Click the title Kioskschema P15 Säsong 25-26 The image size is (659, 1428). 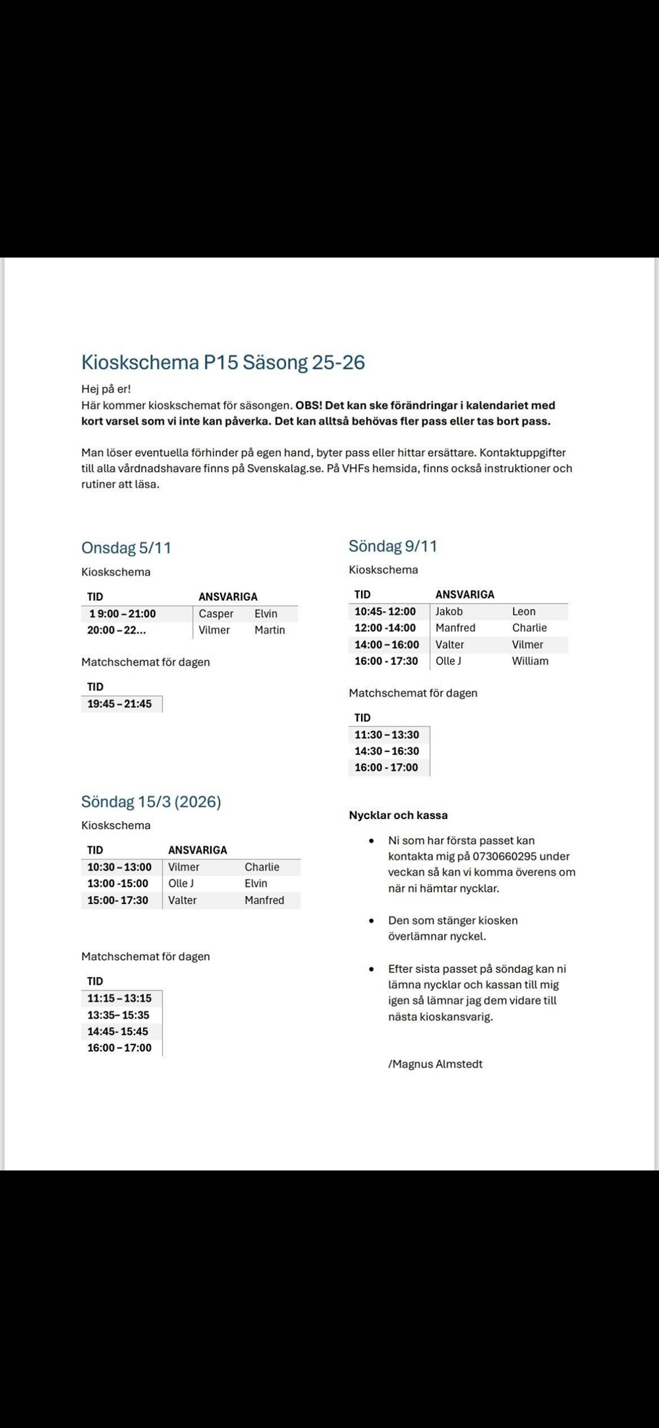[223, 362]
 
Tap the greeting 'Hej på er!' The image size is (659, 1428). [106, 389]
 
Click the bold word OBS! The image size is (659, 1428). [309, 405]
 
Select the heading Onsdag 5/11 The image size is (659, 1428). [126, 548]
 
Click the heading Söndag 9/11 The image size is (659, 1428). [393, 546]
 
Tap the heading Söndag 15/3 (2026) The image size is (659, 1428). [151, 801]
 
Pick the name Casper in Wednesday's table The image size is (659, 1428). [216, 614]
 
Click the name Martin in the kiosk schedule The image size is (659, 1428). [270, 630]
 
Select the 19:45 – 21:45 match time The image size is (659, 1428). [119, 704]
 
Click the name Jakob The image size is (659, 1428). [449, 612]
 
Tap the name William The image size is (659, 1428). [530, 661]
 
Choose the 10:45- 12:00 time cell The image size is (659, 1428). [385, 612]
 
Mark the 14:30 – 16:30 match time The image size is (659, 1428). [386, 751]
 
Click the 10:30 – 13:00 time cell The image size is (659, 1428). [119, 867]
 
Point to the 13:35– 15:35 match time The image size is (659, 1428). [118, 1015]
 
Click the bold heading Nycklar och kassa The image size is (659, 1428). [398, 815]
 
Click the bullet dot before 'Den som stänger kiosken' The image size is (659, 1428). [372, 921]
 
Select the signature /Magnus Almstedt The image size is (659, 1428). [435, 1064]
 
